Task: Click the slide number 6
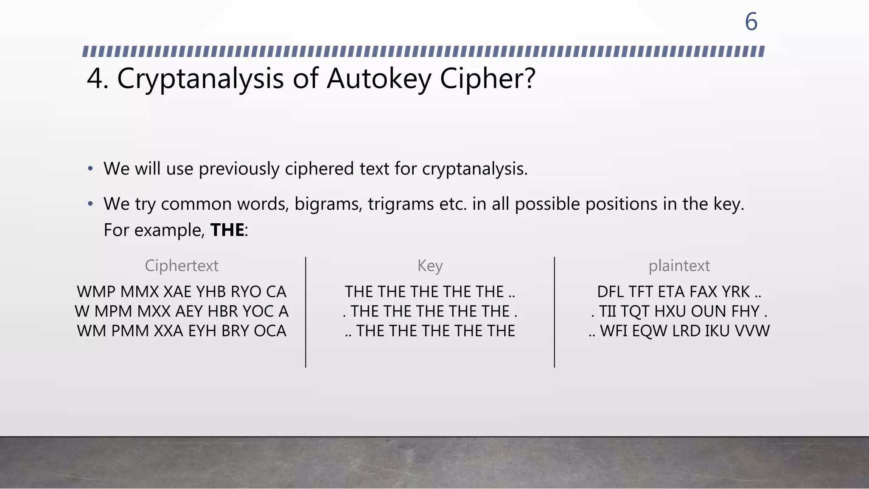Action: (x=751, y=22)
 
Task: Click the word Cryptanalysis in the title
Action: (x=200, y=79)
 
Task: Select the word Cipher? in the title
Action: (x=488, y=79)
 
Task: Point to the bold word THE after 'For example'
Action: (x=227, y=230)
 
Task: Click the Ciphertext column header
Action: (x=182, y=266)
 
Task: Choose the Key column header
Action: (x=430, y=266)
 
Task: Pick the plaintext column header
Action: (x=679, y=266)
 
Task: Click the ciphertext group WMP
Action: (x=96, y=292)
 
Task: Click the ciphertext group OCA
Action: (x=270, y=331)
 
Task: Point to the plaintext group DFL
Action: (x=611, y=292)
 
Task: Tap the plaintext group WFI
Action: (x=614, y=331)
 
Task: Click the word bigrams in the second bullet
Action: (x=328, y=204)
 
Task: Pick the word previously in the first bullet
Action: (x=239, y=169)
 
